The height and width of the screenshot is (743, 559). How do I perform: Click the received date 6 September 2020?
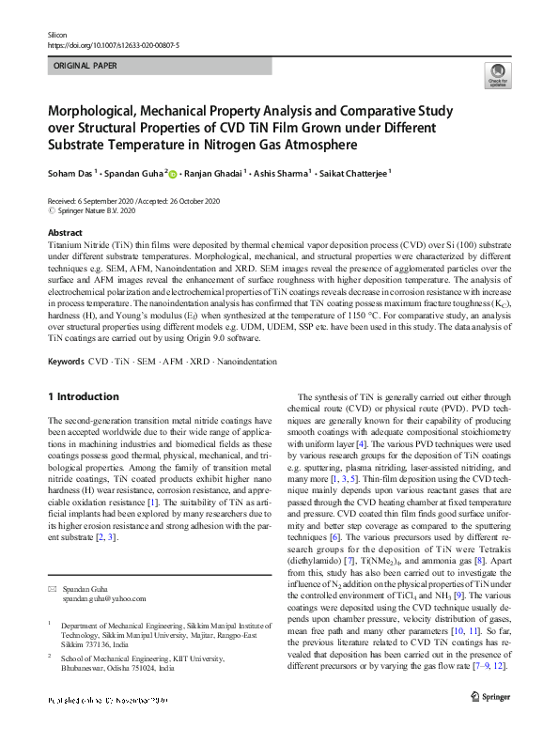[x=111, y=201]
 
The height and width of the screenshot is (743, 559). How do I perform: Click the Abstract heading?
[x=65, y=232]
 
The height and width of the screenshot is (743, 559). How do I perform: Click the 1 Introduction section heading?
[x=85, y=396]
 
